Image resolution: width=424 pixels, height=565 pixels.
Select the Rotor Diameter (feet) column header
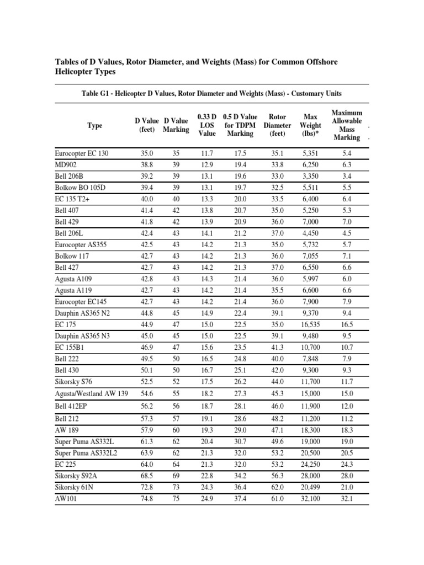coord(277,125)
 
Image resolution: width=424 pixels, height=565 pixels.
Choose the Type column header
coord(95,126)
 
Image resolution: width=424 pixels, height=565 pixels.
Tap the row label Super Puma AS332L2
coord(86,453)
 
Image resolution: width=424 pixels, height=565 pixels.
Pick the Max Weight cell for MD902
coord(310,164)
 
